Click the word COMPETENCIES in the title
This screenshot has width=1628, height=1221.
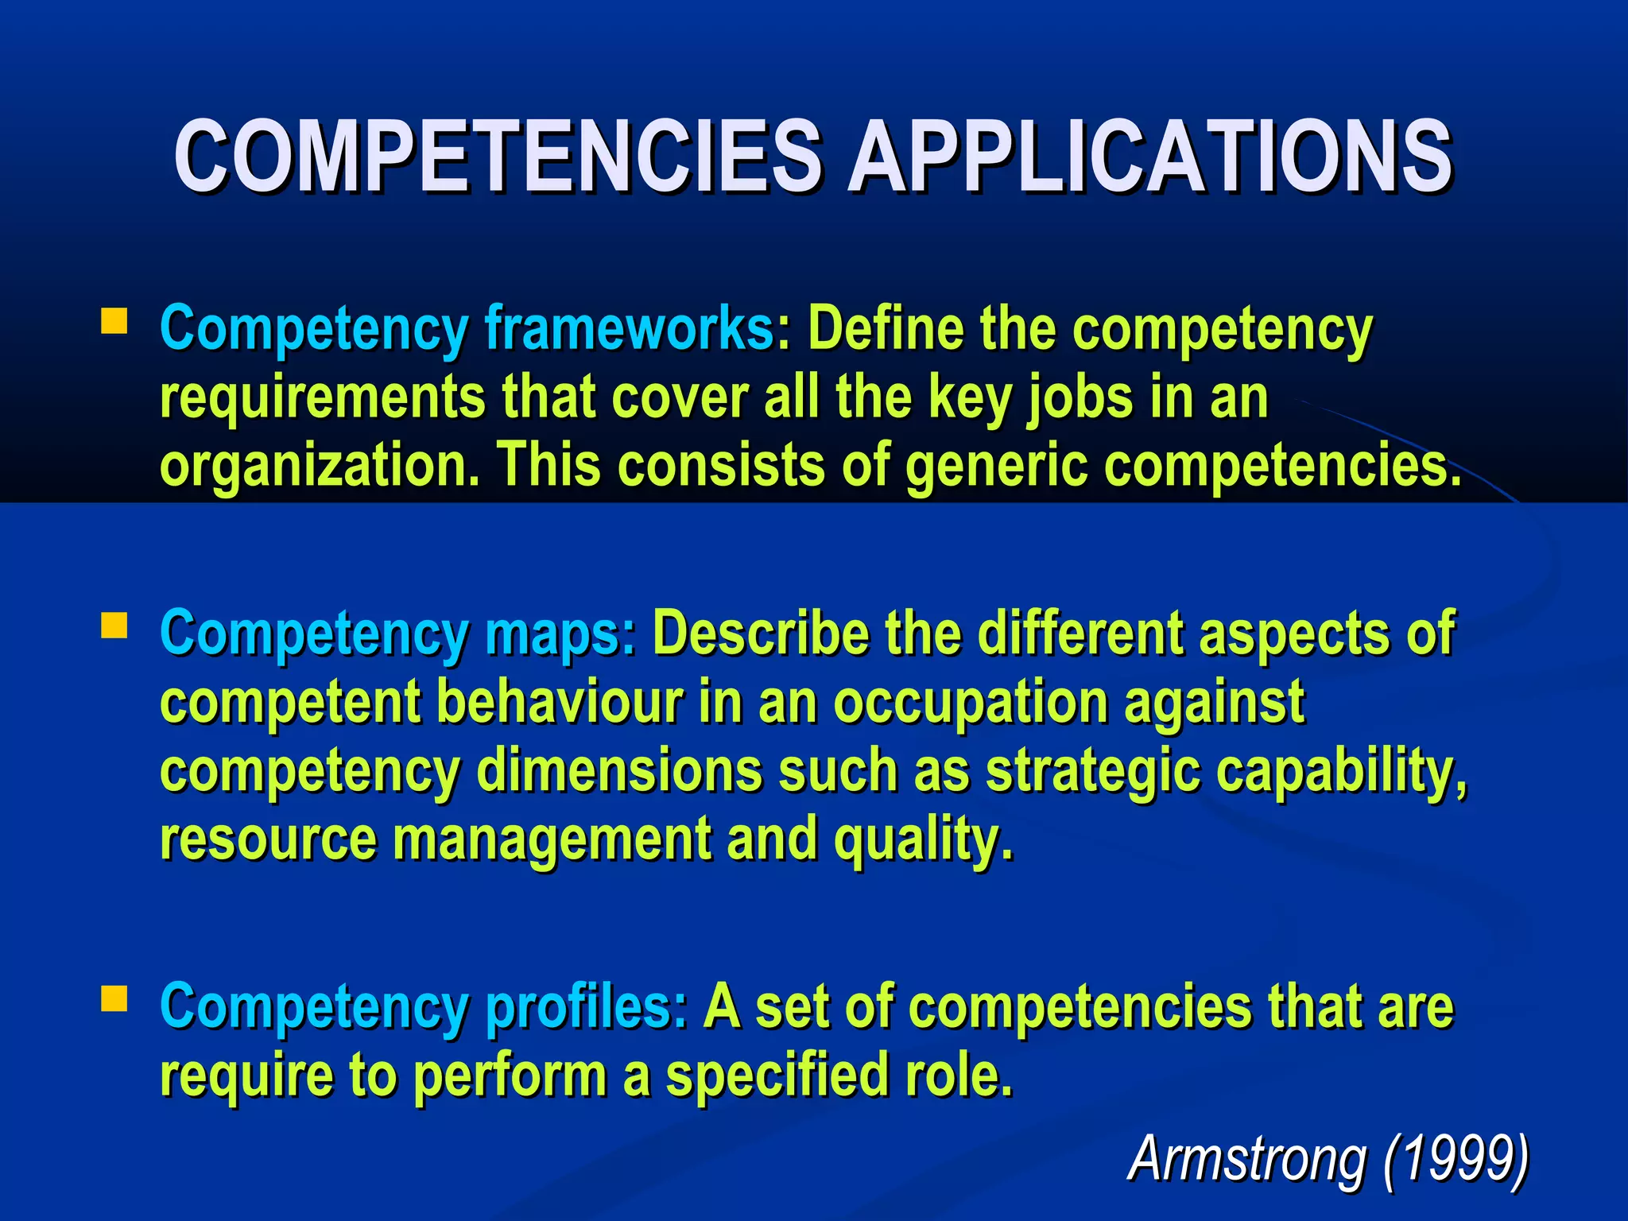pyautogui.click(x=497, y=156)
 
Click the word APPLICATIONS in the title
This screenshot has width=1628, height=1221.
pyautogui.click(x=1149, y=156)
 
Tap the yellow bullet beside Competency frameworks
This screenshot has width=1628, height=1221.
pyautogui.click(x=114, y=321)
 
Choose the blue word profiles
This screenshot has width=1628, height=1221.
pyautogui.click(x=587, y=1007)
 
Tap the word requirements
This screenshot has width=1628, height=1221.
pyautogui.click(x=322, y=397)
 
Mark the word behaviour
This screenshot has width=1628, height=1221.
pyautogui.click(x=560, y=702)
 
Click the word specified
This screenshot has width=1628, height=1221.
pyautogui.click(x=776, y=1076)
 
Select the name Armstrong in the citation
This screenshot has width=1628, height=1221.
pyautogui.click(x=1246, y=1158)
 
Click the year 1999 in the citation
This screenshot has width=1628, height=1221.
pyautogui.click(x=1456, y=1158)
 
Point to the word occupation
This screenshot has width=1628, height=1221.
pyautogui.click(x=970, y=702)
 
